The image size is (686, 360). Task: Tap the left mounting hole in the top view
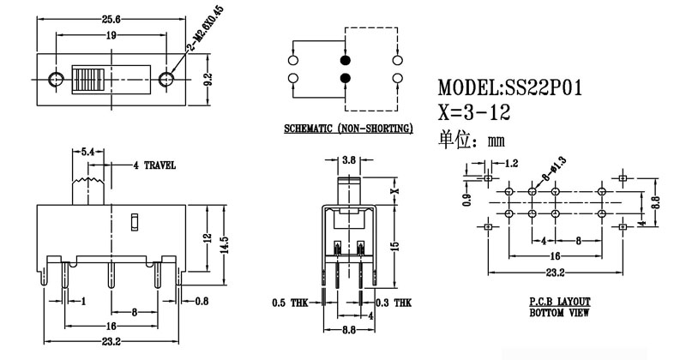[57, 80]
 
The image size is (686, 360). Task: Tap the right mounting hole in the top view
[165, 80]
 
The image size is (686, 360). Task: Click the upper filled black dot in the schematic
[345, 62]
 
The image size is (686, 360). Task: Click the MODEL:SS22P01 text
[510, 88]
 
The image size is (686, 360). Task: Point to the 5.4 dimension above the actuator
[87, 152]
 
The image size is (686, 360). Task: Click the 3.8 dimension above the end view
[349, 160]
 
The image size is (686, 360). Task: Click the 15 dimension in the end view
[394, 245]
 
